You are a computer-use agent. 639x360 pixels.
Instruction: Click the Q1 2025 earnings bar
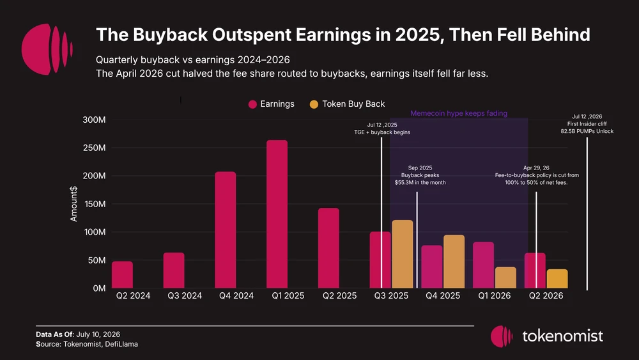coord(277,214)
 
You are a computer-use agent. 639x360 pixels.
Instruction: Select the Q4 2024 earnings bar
coord(226,230)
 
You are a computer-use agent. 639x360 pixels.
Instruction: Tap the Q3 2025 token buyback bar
coord(402,254)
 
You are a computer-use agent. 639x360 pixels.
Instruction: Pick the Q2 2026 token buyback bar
coord(557,278)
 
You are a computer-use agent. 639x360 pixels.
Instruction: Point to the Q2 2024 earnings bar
coord(122,275)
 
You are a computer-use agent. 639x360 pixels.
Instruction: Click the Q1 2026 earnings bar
coord(483,265)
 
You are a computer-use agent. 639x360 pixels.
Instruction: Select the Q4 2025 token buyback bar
coord(454,262)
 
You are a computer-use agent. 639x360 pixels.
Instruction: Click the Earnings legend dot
coord(252,104)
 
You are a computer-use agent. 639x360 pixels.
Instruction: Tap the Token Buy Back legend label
coord(353,104)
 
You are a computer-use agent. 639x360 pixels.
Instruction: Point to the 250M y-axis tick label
coord(94,148)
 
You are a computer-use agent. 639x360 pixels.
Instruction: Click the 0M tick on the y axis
coord(99,288)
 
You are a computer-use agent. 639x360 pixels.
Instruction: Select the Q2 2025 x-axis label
coord(339,295)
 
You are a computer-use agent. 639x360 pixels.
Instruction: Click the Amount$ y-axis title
coord(73,204)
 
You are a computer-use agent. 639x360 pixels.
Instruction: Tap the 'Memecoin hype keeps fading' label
coord(459,113)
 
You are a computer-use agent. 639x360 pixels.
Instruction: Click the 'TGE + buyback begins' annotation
coord(382,132)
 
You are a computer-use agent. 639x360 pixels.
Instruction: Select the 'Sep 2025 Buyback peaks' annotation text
coord(420,171)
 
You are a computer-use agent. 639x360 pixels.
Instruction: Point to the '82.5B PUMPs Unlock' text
coord(587,131)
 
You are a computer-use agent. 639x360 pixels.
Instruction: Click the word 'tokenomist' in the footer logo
coord(562,336)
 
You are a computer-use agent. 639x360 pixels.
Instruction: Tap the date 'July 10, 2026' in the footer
coord(98,334)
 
